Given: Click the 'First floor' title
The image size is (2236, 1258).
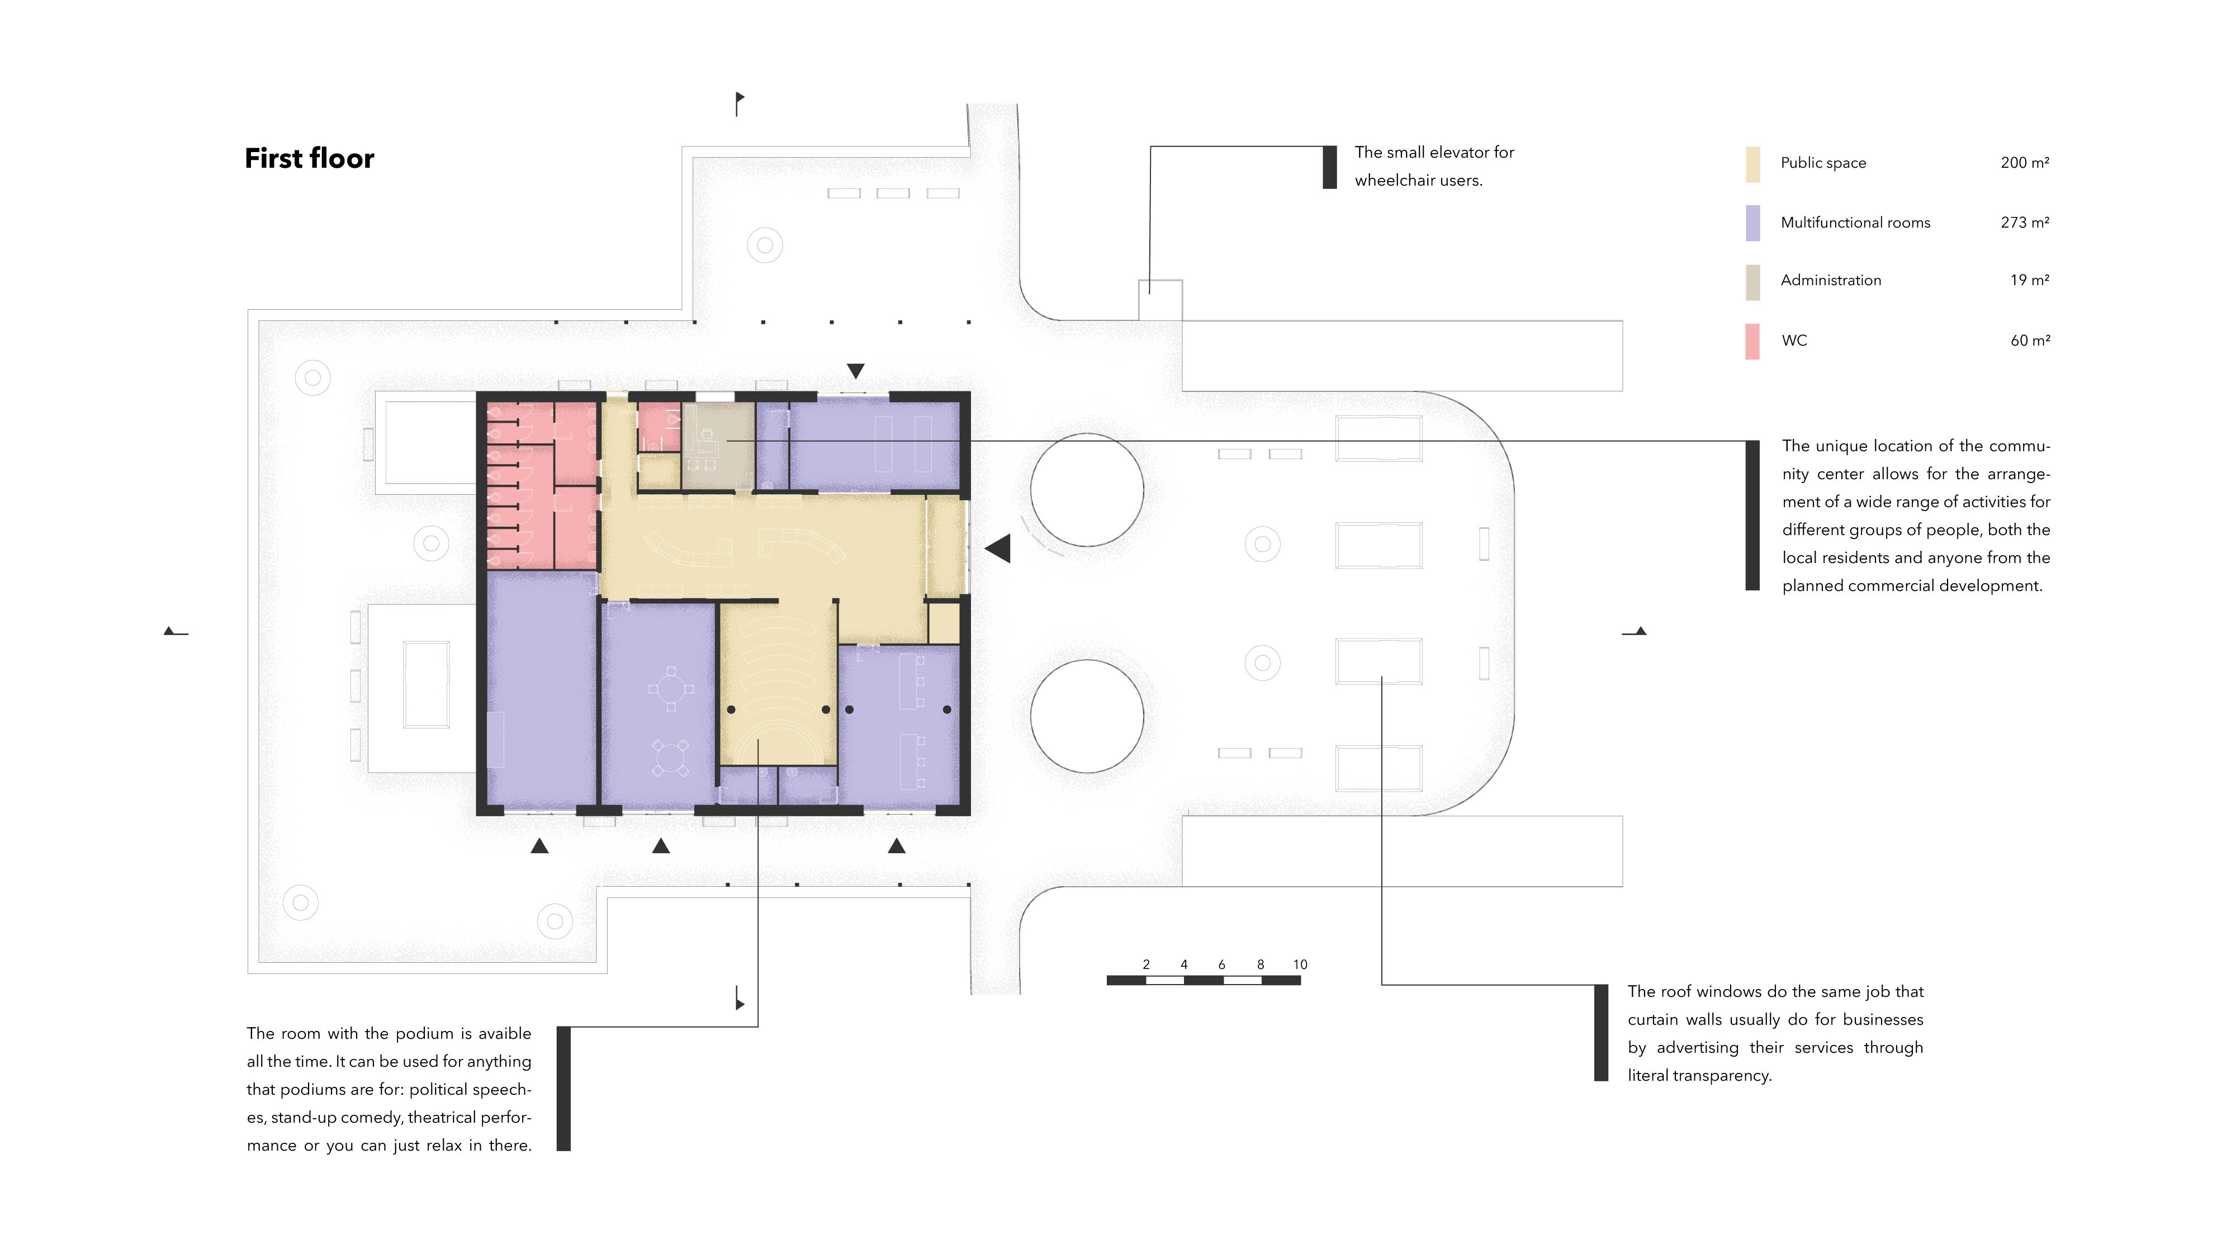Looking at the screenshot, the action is [309, 158].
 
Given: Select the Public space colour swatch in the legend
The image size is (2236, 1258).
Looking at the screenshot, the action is [1752, 164].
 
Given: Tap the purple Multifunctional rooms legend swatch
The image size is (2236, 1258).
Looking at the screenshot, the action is [1752, 223].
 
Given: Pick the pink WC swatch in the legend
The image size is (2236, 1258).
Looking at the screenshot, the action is [1752, 341].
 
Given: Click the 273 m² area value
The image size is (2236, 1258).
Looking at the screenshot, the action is [2024, 223].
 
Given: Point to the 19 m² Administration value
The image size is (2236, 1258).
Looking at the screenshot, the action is [2029, 280].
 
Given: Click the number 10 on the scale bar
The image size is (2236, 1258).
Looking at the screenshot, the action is [1300, 964].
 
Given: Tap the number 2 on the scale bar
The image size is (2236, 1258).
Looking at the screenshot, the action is [1146, 964].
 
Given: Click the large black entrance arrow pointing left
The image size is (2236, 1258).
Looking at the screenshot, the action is [998, 548].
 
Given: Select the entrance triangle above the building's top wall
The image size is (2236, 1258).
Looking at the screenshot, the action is [855, 371].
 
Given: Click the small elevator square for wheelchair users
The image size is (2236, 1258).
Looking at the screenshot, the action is [1160, 300].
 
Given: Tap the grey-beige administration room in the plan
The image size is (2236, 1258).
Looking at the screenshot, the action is [718, 446].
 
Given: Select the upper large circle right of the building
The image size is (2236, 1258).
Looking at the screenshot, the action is [1087, 434].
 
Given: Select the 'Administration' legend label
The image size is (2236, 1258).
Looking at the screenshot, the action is [1831, 280].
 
